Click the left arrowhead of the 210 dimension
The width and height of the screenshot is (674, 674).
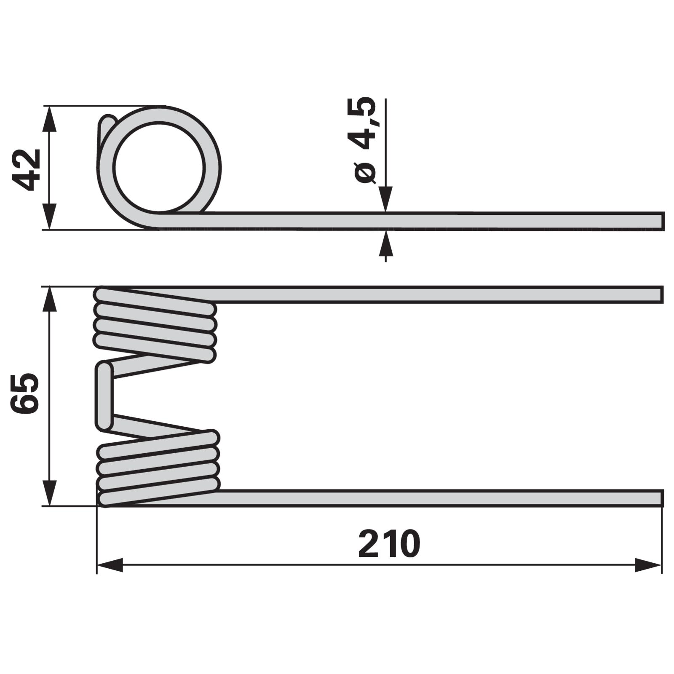[x=110, y=565]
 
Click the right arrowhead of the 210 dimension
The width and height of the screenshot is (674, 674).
[x=648, y=565]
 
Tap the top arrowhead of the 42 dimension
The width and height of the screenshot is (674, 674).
[x=50, y=119]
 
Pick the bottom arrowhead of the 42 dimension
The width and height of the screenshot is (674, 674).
[x=50, y=217]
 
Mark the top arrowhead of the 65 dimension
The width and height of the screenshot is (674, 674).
[x=50, y=300]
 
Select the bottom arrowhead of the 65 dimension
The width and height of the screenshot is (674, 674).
[x=50, y=492]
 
